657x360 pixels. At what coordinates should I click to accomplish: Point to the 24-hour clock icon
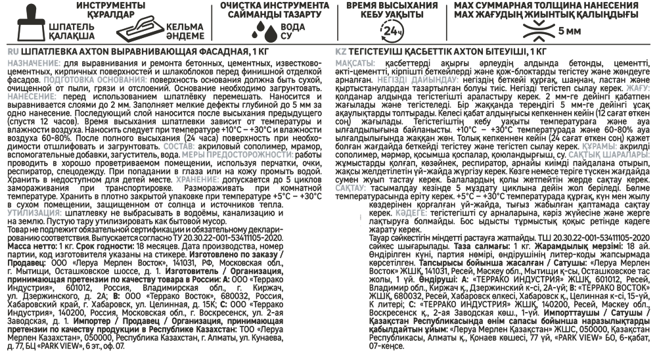pos(392,31)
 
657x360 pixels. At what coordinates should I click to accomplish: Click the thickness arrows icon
pos(538,31)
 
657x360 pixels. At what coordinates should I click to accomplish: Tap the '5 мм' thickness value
pos(570,31)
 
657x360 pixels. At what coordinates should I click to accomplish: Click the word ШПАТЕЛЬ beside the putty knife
pos(72,26)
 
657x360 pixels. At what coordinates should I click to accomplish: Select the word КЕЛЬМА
pos(185,26)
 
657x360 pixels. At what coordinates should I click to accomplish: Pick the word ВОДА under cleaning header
pos(292,27)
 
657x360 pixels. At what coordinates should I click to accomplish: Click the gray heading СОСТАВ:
pos(179,146)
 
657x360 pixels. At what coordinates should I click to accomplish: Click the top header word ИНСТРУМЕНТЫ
pos(111,5)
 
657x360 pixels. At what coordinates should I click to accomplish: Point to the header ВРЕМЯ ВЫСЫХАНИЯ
pos(392,5)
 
